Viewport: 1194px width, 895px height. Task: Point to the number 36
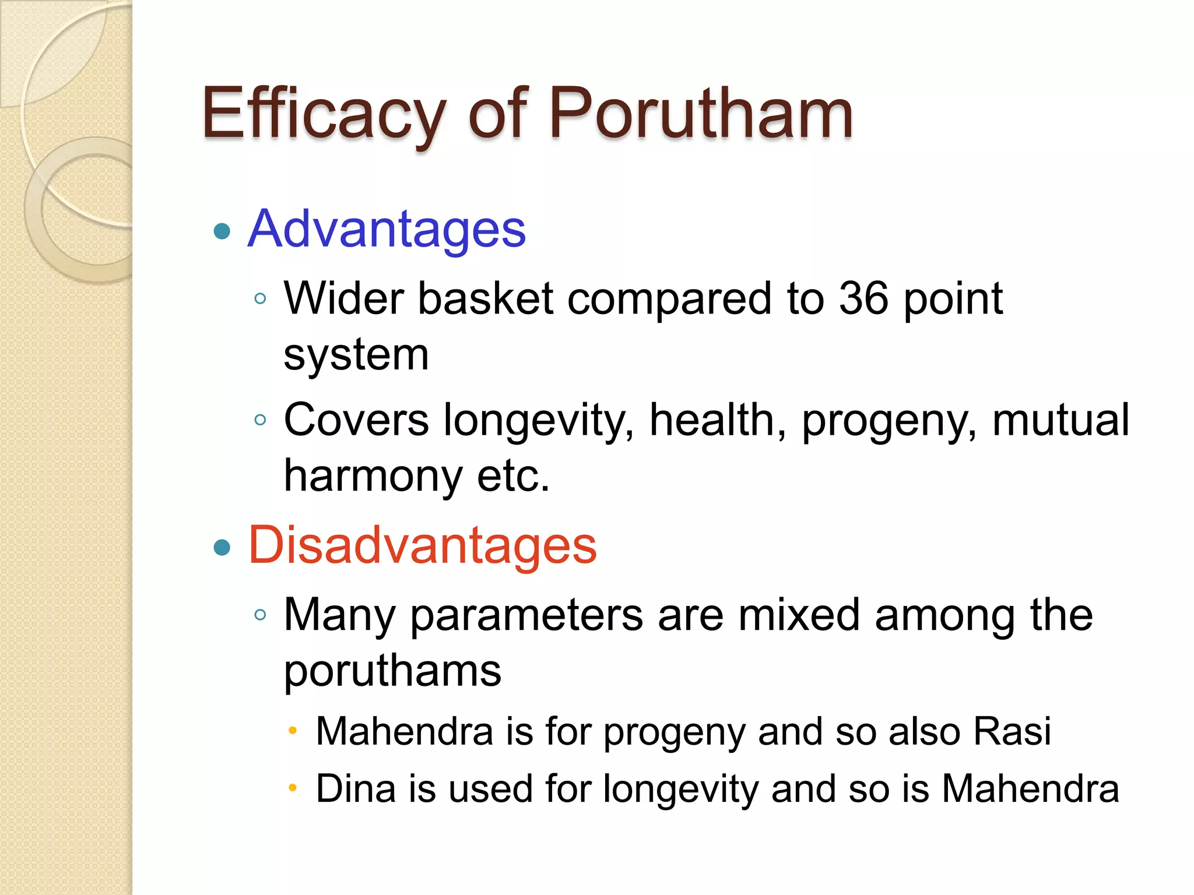(x=863, y=298)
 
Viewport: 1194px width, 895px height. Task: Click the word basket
(x=486, y=298)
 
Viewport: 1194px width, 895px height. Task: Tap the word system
(x=356, y=355)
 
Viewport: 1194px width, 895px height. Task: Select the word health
(x=718, y=420)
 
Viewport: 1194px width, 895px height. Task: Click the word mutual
(x=1060, y=420)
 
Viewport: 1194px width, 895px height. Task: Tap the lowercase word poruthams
(x=392, y=671)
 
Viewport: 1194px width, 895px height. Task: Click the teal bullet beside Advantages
(x=222, y=231)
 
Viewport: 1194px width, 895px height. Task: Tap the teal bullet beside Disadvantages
(x=222, y=547)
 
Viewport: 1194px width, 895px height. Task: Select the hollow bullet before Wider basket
(x=260, y=299)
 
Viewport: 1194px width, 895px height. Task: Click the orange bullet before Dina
(x=293, y=788)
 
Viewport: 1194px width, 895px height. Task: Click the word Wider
(x=344, y=298)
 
